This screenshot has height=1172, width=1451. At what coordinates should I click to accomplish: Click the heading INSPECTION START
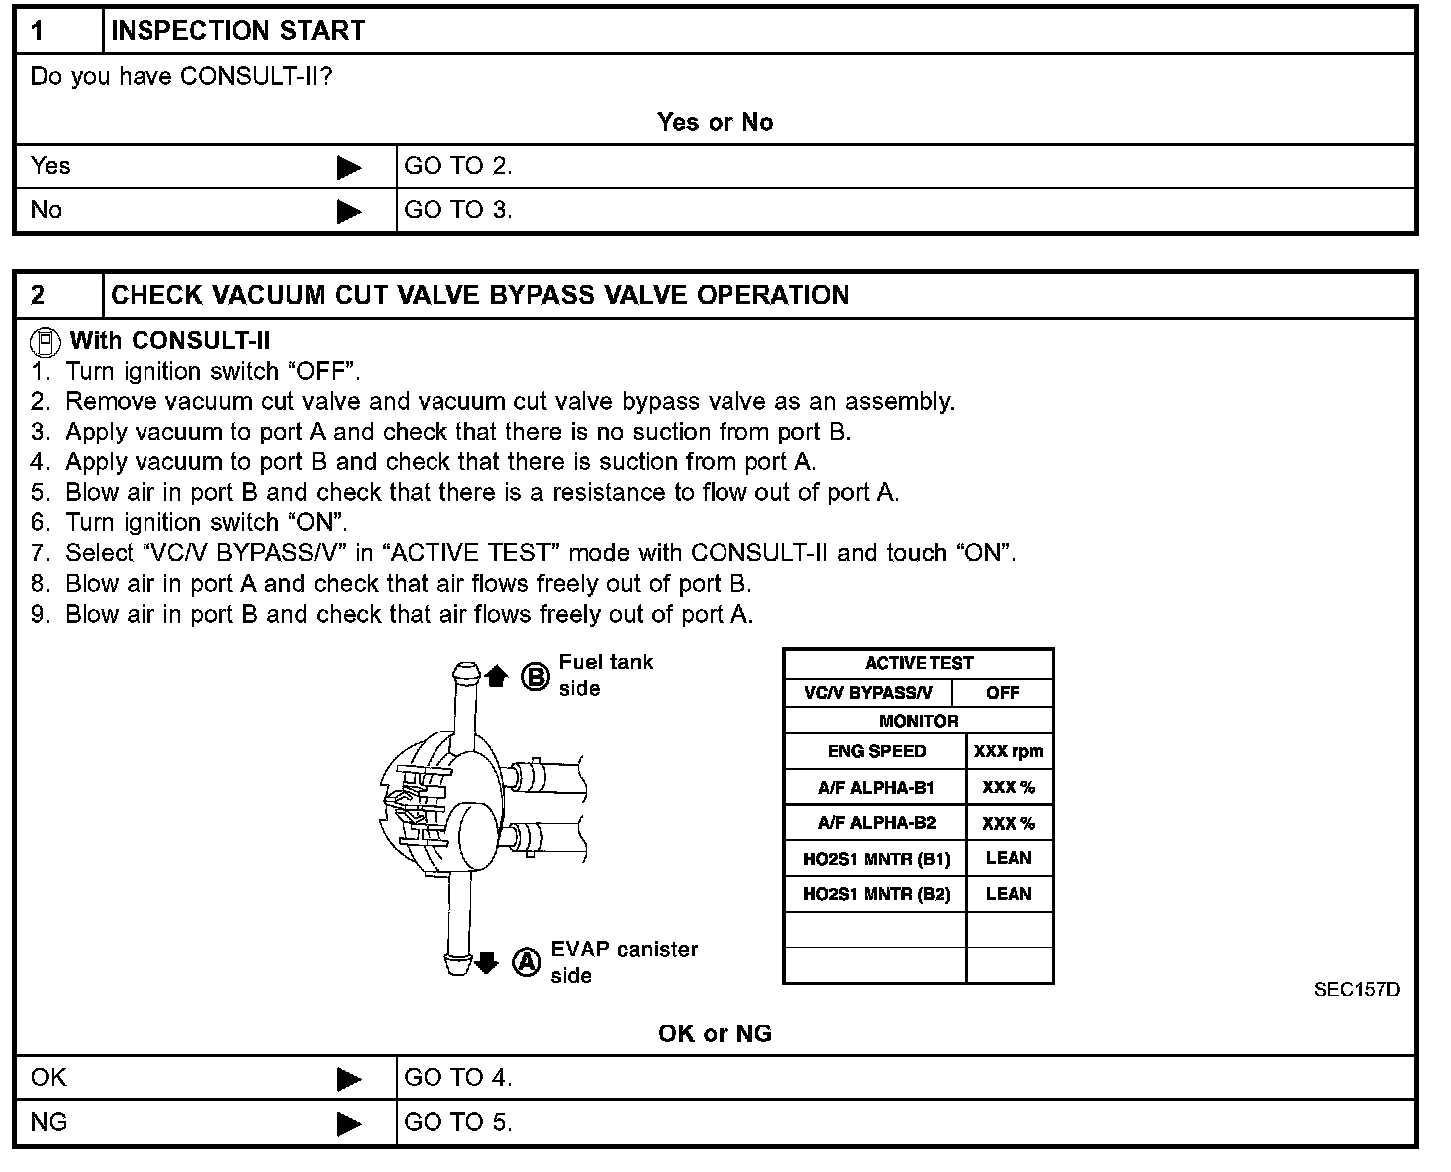coord(237,31)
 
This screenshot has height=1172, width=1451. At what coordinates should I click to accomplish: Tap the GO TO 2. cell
coord(458,166)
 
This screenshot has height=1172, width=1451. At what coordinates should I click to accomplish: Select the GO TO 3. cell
coord(458,210)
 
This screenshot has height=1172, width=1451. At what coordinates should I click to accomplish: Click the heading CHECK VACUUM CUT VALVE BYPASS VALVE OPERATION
coord(479,295)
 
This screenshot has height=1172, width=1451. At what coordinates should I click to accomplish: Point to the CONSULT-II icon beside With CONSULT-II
coord(45,342)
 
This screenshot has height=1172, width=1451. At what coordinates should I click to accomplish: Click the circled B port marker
coord(535,678)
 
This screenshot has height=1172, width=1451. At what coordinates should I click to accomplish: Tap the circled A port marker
coord(526,962)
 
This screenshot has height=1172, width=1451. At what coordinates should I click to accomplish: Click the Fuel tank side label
coord(605,675)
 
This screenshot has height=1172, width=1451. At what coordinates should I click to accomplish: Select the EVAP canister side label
coord(624,962)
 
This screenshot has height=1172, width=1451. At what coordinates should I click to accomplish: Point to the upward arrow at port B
coord(497,677)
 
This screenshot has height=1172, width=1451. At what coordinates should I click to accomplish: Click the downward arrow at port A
coord(486,962)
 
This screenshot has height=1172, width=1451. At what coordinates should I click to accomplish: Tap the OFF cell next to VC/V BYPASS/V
coord(1002,693)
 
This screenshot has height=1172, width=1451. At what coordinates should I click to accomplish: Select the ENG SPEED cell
coord(876,752)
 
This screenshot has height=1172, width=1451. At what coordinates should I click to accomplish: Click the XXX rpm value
coord(1009,752)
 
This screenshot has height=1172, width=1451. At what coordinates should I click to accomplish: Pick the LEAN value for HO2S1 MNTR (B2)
coord(1009,894)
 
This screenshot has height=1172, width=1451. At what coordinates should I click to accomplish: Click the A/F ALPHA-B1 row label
coord(876,788)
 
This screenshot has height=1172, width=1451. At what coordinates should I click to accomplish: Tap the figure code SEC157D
coord(1356,990)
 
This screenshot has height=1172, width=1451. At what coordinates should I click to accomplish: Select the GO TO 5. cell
coord(458,1122)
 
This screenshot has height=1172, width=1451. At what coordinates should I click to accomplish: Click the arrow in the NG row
coord(349,1123)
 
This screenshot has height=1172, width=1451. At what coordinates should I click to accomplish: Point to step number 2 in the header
coord(38,295)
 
